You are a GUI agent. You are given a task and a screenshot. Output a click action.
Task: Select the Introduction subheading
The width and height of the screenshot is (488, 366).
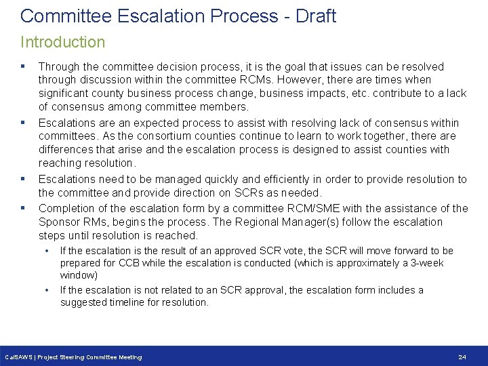click(62, 42)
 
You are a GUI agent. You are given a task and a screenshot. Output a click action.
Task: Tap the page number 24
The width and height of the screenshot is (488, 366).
click(462, 357)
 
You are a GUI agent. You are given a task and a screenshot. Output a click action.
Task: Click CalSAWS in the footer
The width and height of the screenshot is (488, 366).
click(18, 357)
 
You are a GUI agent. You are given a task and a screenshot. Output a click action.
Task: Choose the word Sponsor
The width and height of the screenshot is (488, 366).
click(60, 222)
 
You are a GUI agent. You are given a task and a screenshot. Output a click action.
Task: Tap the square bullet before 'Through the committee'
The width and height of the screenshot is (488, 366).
click(24, 66)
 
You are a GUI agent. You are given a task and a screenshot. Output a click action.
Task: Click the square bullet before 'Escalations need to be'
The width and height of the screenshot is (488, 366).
click(24, 180)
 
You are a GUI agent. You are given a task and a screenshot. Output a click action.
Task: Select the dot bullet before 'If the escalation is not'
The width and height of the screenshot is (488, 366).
click(47, 290)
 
